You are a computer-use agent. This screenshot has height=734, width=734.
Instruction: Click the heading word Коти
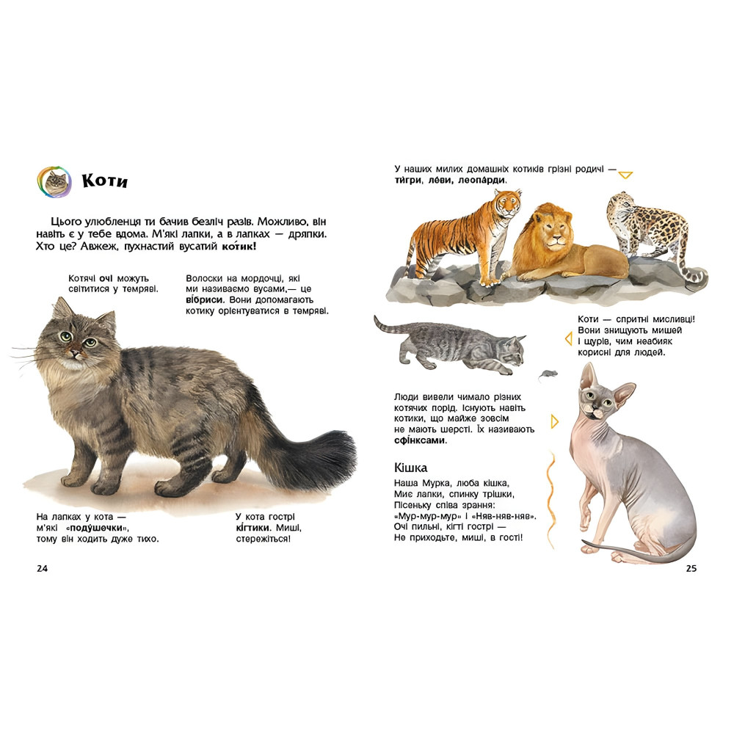pos(104,181)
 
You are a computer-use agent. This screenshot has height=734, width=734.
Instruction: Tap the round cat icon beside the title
pos(54,181)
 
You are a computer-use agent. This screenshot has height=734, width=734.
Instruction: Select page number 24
pos(42,568)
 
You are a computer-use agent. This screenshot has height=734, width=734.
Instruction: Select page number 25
pos(691,568)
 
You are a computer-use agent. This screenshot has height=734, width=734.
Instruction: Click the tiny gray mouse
pos(548,374)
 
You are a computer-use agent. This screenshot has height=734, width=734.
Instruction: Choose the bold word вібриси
pos(203,300)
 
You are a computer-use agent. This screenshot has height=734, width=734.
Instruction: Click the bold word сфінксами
pos(421,440)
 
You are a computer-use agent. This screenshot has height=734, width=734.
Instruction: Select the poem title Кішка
pos(410,468)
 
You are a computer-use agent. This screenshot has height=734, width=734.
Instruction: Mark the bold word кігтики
pos(254,528)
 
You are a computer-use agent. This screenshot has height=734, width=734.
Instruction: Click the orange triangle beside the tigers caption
pos(625,175)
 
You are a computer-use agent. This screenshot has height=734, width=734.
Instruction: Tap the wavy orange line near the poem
pos(551,500)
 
